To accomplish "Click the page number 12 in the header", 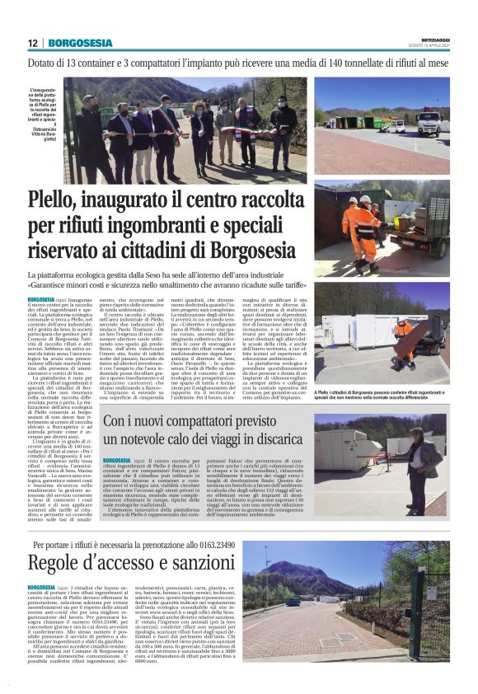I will (x=33, y=43).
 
